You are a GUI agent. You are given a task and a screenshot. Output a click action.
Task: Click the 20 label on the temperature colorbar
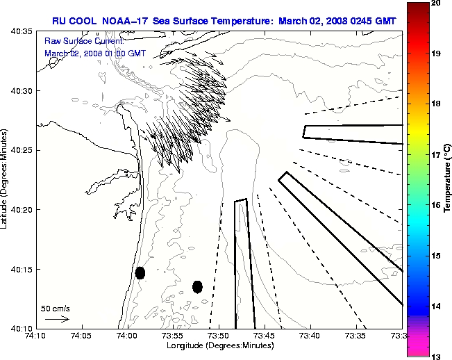(x=435, y=3)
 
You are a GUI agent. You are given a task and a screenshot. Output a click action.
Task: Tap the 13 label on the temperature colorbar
(x=435, y=356)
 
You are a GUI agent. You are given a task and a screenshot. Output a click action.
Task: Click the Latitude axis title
(x=5, y=179)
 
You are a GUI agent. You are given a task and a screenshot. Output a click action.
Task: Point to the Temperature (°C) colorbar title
(x=448, y=179)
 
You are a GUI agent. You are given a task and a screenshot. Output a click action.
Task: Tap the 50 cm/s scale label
(x=56, y=308)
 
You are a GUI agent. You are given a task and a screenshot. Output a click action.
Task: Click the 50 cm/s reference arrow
(x=57, y=319)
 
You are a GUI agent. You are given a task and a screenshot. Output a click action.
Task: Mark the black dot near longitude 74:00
(x=140, y=272)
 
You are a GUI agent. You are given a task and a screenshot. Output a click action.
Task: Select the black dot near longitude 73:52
(x=197, y=286)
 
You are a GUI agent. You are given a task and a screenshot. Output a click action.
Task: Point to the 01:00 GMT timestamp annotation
(x=122, y=53)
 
